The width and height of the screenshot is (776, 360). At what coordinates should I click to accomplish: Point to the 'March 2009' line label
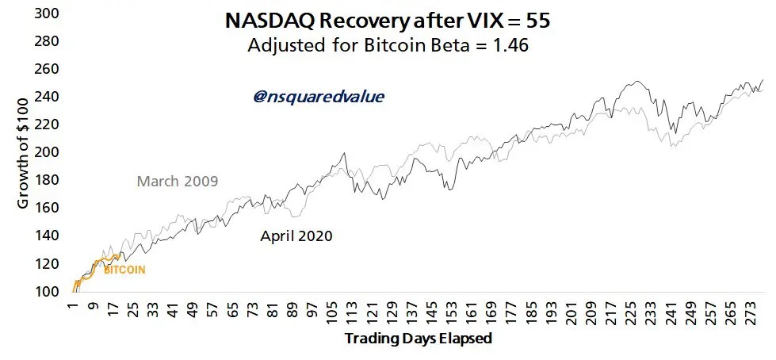tap(178, 182)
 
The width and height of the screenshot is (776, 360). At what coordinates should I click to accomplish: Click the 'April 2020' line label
tap(296, 236)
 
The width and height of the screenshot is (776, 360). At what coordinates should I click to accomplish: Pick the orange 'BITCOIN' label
tap(125, 270)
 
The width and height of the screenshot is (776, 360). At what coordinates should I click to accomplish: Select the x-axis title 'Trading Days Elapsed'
tap(419, 339)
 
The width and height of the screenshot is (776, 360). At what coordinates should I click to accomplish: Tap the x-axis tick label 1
tap(72, 308)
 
